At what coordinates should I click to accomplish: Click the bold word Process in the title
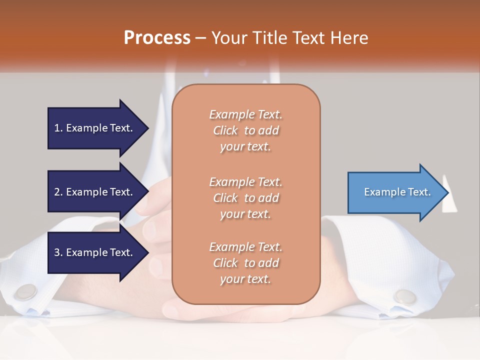157,38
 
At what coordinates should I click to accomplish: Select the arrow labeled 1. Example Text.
95,128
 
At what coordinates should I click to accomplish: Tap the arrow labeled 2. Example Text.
95,192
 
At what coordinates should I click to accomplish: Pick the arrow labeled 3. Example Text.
95,252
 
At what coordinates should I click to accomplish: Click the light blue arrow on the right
395,192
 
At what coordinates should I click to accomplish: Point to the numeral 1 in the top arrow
57,128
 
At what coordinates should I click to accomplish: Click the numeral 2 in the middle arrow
57,192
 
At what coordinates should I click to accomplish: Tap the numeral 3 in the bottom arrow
57,252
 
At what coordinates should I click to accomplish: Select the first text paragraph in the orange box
245,130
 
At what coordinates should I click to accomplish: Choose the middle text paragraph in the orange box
245,198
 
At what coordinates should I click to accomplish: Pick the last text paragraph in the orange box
245,263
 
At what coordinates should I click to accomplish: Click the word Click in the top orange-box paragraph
225,130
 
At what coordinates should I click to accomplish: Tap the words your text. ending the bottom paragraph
245,279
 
